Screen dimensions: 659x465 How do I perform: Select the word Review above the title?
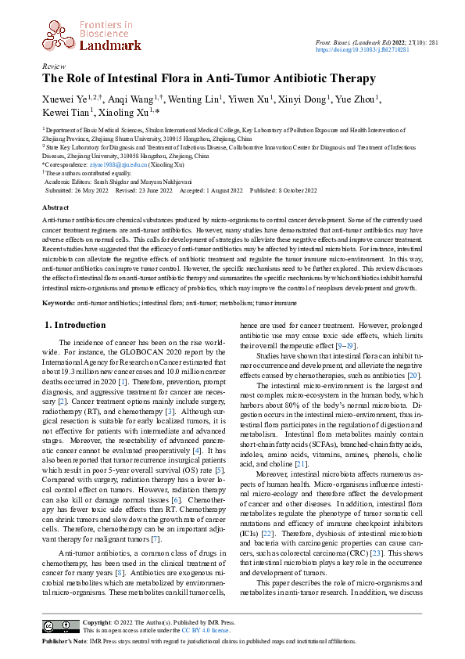[x=54, y=67]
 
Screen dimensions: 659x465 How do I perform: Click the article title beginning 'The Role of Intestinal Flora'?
[x=209, y=79]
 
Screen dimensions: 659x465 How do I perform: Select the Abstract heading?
[x=55, y=208]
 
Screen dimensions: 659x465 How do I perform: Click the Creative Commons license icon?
[x=59, y=626]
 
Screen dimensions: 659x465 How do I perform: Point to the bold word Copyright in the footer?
[x=98, y=622]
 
